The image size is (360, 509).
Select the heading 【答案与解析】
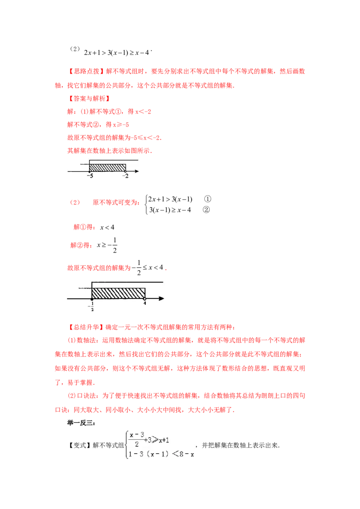[89, 98]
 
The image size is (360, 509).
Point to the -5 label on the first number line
[90, 176]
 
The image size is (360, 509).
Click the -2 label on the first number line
[126, 176]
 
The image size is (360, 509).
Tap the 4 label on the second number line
[145, 303]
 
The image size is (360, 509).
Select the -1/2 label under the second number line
[91, 307]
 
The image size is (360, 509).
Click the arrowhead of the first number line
[137, 171]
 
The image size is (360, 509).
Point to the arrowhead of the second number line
[162, 298]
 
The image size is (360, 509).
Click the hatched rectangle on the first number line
[108, 168]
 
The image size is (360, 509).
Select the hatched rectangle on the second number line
[118, 293]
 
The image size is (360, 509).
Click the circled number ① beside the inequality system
[207, 199]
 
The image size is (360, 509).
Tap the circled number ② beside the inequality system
[206, 210]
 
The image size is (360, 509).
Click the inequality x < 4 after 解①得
[107, 227]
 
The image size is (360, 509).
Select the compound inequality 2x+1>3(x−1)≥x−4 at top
[116, 53]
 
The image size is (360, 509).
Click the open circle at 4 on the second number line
[145, 299]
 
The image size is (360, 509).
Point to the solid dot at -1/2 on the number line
[92, 299]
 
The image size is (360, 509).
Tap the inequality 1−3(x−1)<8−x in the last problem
[161, 454]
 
